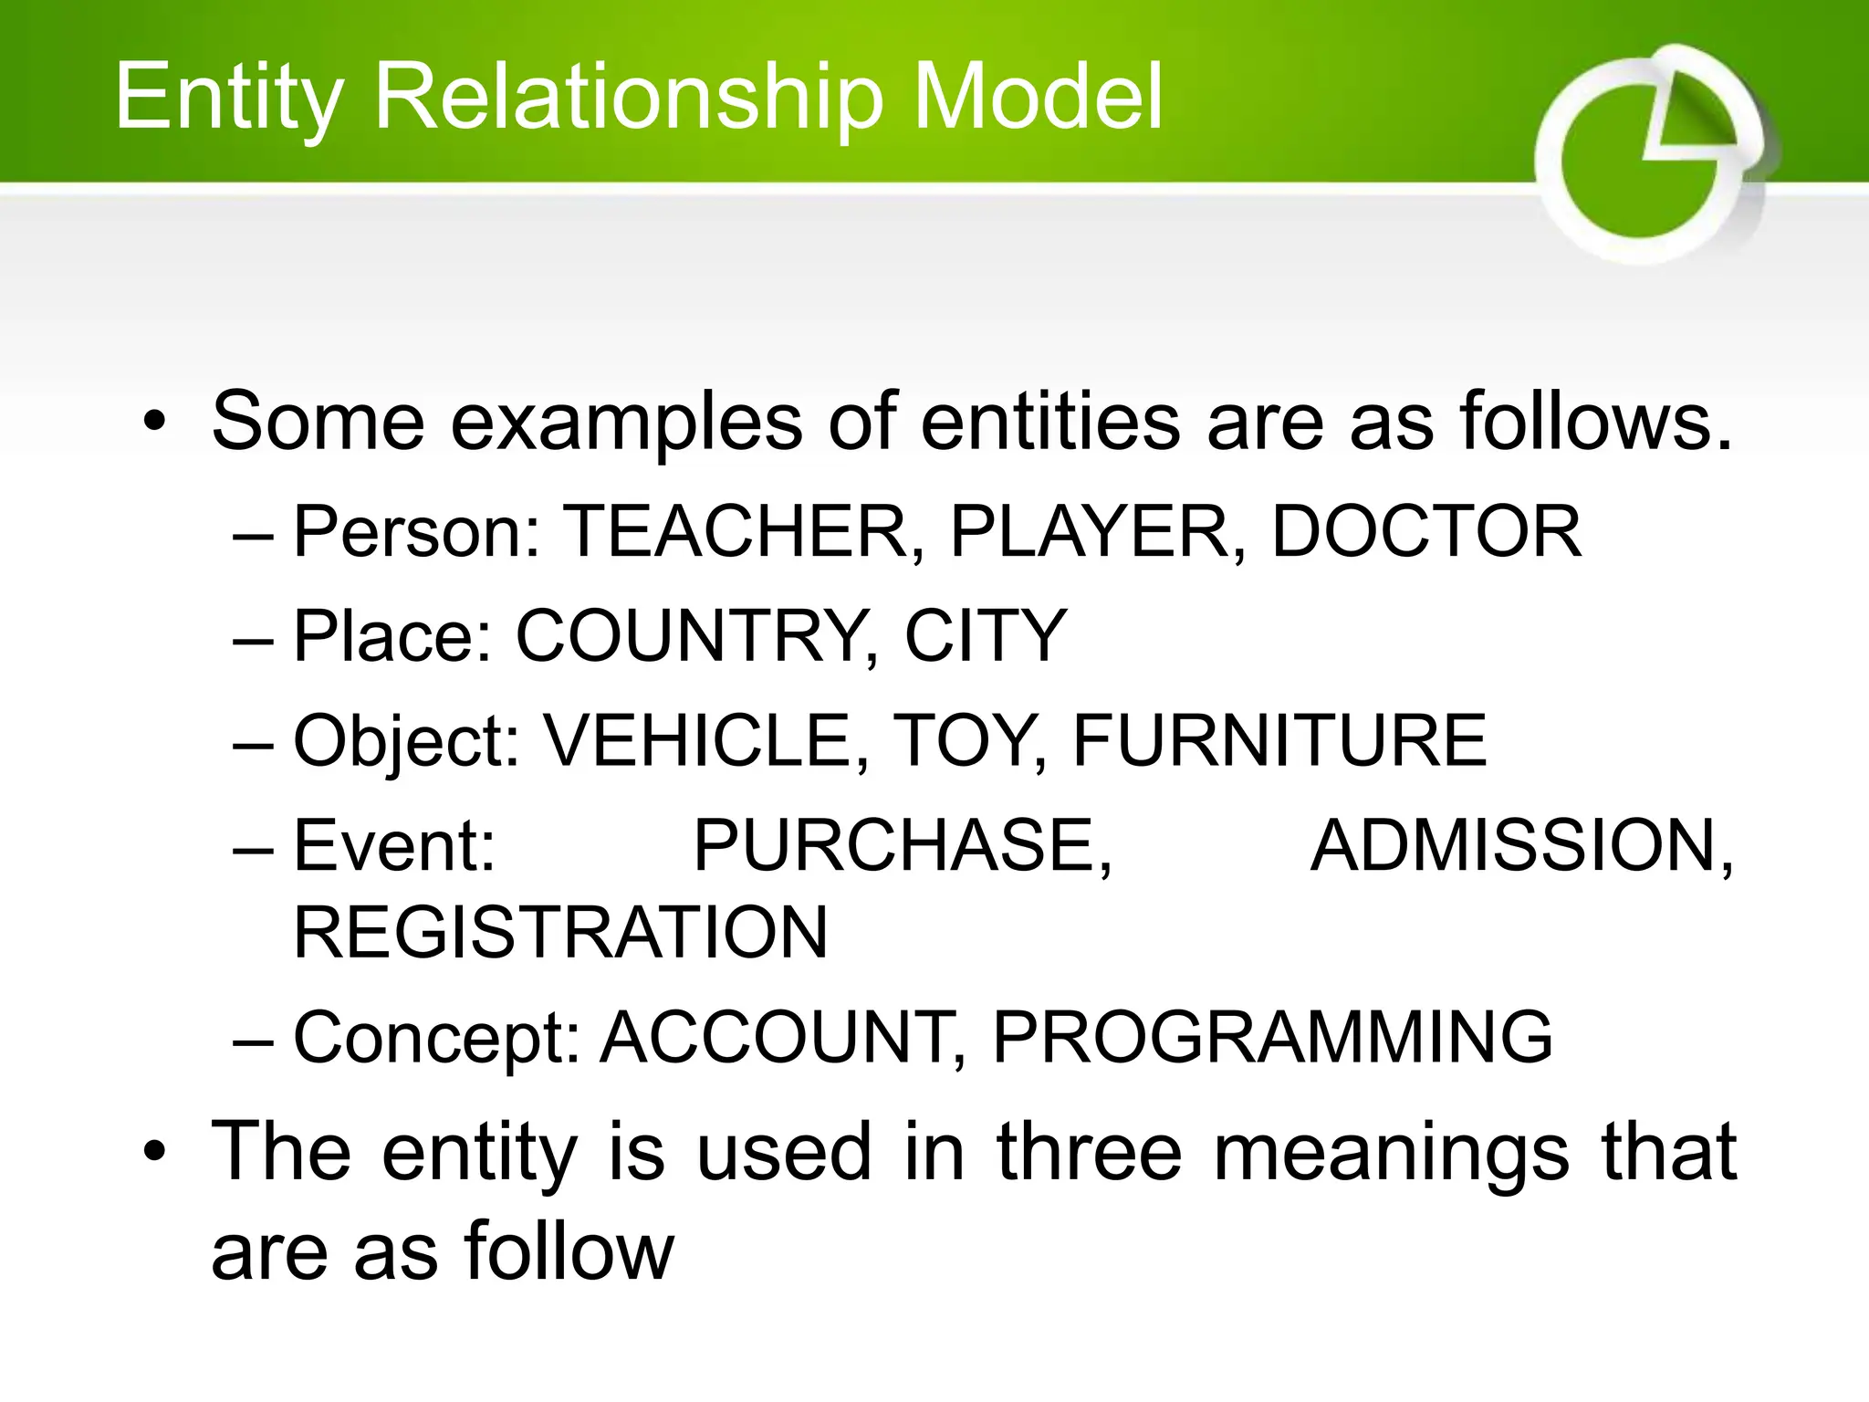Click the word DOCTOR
click(1426, 532)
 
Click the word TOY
click(966, 740)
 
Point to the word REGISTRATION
click(560, 933)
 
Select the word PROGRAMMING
click(1272, 1038)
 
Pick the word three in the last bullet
click(1089, 1153)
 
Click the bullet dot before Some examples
click(155, 423)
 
